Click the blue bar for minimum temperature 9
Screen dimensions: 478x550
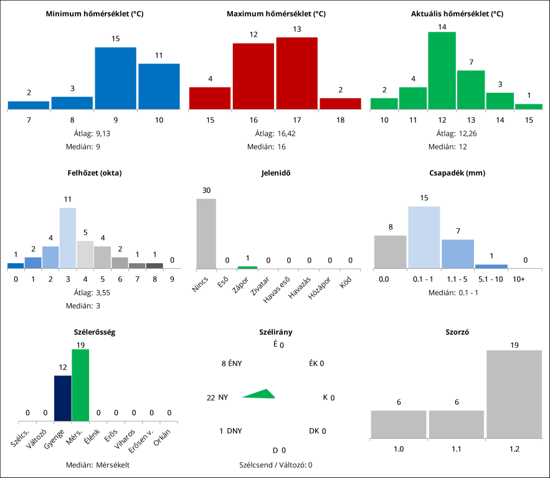pyautogui.click(x=115, y=78)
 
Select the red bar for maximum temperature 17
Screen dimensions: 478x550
pyautogui.click(x=296, y=73)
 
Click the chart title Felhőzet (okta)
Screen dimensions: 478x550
pyautogui.click(x=94, y=172)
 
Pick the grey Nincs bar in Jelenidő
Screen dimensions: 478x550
pyautogui.click(x=206, y=233)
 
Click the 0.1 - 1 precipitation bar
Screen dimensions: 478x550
pyautogui.click(x=424, y=237)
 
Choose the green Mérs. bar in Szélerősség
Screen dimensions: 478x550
pyautogui.click(x=80, y=385)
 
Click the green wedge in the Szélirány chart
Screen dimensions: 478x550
pyautogui.click(x=260, y=394)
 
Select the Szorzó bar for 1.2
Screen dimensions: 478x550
pyautogui.click(x=514, y=393)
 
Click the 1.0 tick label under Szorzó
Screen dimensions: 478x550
pyautogui.click(x=399, y=448)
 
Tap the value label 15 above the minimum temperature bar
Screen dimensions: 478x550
pyautogui.click(x=115, y=39)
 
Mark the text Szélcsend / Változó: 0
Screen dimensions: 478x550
pyautogui.click(x=275, y=464)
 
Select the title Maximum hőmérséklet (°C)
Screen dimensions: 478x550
pyautogui.click(x=275, y=13)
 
